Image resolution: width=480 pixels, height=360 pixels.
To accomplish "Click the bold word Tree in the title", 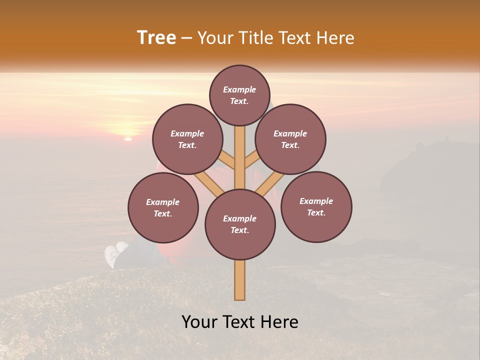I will (156, 37).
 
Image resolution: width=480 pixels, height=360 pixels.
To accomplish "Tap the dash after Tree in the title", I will (186, 38).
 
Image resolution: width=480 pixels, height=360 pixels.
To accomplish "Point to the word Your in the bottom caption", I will (199, 322).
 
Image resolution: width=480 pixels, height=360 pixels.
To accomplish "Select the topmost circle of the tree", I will (239, 95).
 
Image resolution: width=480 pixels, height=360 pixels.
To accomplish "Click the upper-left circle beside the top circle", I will (187, 139).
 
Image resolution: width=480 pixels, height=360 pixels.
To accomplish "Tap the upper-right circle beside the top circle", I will (290, 139).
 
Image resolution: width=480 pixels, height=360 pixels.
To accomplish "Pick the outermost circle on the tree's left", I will (163, 207).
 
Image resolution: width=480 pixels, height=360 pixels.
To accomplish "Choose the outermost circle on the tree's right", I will (316, 206).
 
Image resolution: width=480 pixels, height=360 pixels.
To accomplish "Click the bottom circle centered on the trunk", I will (240, 224).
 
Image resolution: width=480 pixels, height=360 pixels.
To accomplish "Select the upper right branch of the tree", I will (251, 160).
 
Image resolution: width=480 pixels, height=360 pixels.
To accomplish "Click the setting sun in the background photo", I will (128, 138).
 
